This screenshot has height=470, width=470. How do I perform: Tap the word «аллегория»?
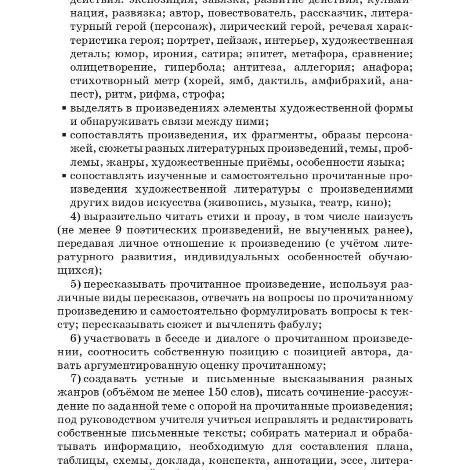323,68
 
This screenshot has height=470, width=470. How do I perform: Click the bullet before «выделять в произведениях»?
64,108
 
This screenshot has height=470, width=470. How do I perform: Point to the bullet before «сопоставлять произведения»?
64,135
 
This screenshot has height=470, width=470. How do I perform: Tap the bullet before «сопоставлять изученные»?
64,176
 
